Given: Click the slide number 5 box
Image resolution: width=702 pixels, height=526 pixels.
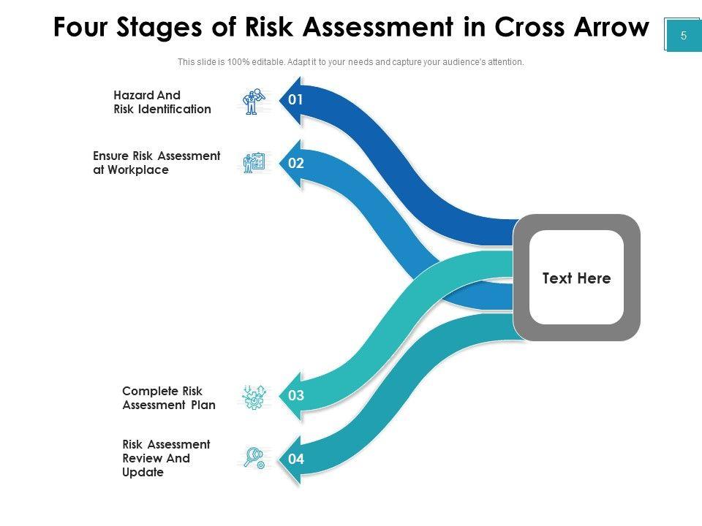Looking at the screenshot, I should tap(683, 35).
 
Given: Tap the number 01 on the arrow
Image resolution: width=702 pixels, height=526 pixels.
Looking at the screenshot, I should tap(295, 100).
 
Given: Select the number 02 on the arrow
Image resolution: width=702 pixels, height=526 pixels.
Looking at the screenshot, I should tap(295, 164).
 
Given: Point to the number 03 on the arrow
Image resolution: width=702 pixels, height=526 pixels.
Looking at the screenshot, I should tap(295, 397).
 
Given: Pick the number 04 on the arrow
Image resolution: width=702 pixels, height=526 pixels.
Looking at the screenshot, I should tap(295, 460).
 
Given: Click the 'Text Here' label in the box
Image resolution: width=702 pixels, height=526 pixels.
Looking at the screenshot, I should tap(576, 278).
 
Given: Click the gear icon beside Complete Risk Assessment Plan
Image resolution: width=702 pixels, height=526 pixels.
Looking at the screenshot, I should tap(254, 397).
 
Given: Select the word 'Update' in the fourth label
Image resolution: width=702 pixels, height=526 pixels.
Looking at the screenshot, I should tap(143, 473).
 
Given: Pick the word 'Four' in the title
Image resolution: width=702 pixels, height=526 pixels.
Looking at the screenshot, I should tap(78, 28).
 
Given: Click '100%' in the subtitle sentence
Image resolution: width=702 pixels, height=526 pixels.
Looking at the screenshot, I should tap(238, 62).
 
